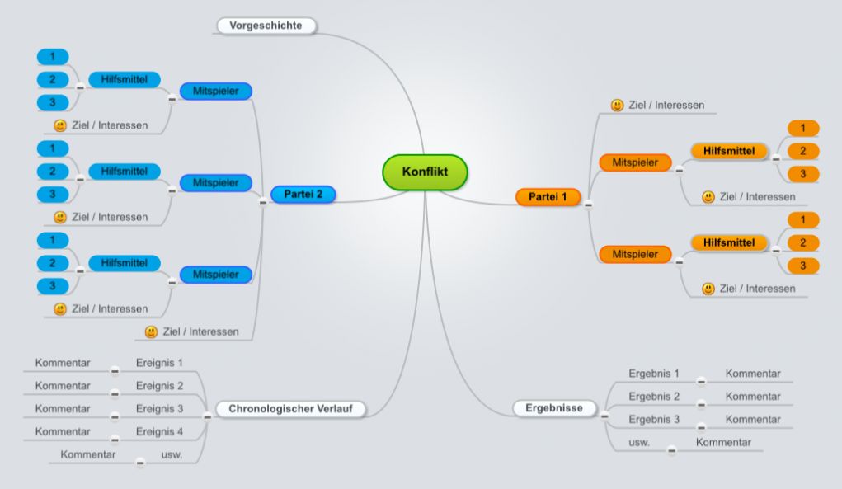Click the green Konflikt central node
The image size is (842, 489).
point(425,172)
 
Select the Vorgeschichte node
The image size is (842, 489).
point(266,26)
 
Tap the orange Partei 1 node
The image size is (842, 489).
point(548,196)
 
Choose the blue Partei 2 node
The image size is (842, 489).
point(303,195)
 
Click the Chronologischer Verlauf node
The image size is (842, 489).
point(290,408)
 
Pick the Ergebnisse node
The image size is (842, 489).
point(554,408)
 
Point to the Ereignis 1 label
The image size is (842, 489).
point(159,363)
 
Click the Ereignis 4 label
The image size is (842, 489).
point(159,431)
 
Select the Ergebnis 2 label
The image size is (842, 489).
point(654,397)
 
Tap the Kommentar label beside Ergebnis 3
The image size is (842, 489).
point(753,419)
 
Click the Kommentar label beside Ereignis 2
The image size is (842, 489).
point(63,386)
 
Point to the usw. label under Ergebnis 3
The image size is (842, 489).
point(639,443)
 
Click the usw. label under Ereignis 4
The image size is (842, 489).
point(172,454)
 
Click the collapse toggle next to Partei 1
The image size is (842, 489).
point(589,205)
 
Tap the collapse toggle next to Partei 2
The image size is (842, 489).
point(263,202)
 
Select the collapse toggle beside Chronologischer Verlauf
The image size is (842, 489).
point(207,416)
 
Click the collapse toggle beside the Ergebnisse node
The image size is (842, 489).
point(604,416)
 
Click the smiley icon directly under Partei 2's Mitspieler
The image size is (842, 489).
point(152,331)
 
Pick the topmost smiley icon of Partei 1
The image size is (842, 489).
point(618,106)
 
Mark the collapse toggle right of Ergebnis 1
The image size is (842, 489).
point(701,382)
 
